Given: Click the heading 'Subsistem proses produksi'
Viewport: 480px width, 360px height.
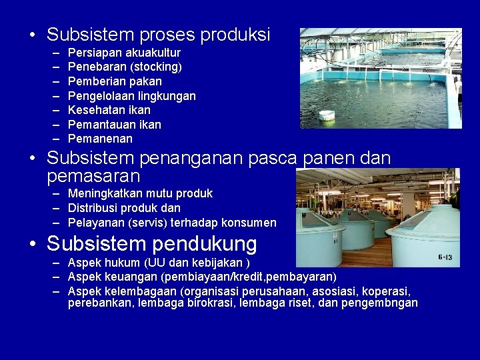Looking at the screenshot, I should pos(158,35).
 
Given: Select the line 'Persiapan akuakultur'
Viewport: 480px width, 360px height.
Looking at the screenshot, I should pos(124,53).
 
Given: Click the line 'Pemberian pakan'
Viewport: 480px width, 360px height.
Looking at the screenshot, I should pos(115,81).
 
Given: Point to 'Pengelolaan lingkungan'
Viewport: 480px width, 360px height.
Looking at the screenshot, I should pos(132,96).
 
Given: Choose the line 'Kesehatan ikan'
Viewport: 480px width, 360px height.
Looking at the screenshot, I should pos(109,110).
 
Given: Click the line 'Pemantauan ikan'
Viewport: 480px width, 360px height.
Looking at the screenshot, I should pos(115,125).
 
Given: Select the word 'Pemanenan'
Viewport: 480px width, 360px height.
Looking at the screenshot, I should pos(100,139).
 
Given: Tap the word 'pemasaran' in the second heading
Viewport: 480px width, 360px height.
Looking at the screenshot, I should pos(93,176).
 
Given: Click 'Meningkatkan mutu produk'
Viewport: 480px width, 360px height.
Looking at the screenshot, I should pos(140,193).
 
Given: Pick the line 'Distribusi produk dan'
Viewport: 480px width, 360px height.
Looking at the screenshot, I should pos(124,208).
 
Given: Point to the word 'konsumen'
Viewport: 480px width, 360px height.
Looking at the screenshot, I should pos(251,223).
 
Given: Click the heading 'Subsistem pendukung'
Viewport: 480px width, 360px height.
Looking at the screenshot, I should pos(151,244).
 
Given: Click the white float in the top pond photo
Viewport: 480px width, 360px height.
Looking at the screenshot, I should pos(327,115).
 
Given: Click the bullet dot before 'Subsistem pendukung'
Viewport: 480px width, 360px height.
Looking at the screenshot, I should pos(32,245).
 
